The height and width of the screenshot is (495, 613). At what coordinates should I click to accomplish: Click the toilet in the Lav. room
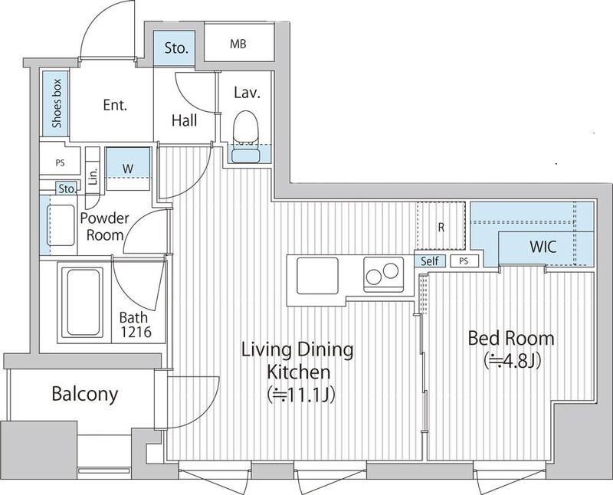pos(246,136)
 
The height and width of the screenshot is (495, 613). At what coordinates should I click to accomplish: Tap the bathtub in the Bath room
pos(83,302)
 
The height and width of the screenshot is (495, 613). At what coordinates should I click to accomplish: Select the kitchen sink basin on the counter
pos(317,276)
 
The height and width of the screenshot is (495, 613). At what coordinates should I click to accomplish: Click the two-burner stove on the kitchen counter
pos(383,274)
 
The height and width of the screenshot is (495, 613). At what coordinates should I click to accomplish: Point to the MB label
pos(238,44)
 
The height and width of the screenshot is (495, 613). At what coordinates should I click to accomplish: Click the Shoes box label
pos(57,103)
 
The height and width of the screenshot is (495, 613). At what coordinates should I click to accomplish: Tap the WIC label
pos(543,247)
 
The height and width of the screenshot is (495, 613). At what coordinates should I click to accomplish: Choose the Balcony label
pos(85,394)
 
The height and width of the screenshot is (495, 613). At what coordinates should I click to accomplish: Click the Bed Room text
pos(511,339)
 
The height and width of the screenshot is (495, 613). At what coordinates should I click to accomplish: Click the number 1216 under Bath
pos(136,332)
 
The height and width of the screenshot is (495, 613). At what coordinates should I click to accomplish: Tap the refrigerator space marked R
pos(441,227)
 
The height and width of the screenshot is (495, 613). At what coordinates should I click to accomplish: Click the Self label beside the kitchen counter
pos(430,261)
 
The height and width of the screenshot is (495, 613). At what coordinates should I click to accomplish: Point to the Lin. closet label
pos(93,177)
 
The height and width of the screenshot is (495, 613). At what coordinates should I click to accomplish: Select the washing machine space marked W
pos(128,169)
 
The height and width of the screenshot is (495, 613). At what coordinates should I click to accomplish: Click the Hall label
pos(184,120)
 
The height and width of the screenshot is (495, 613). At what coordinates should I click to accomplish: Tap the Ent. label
pos(116,105)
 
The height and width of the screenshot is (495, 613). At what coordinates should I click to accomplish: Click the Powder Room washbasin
pos(61,225)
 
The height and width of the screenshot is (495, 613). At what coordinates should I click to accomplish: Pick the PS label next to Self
pos(464,261)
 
